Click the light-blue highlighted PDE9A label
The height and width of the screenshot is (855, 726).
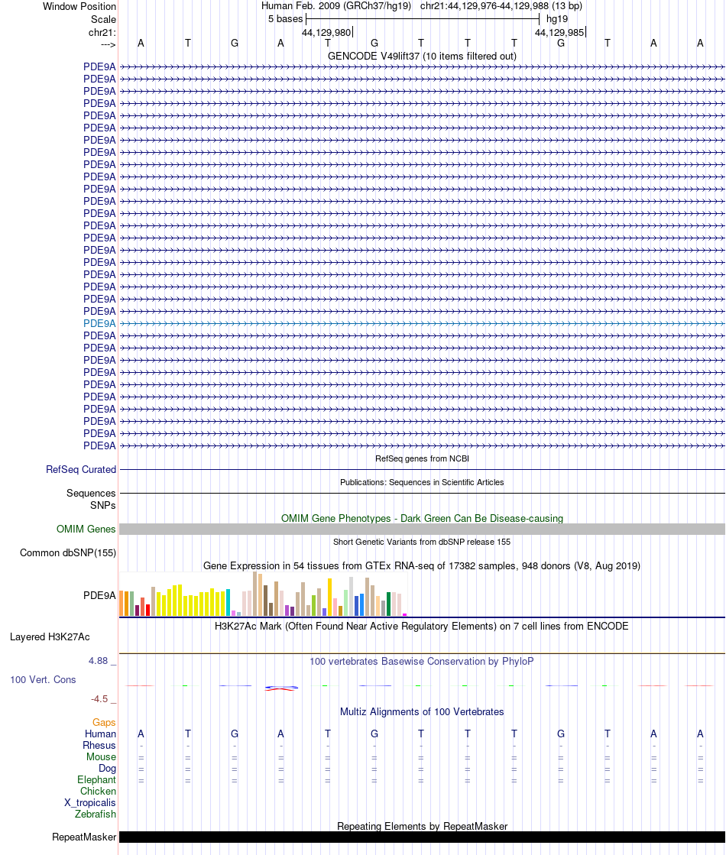click(99, 323)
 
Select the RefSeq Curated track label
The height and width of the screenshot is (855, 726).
click(81, 470)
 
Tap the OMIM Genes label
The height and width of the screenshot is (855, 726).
click(86, 529)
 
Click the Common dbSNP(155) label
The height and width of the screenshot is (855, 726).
click(68, 553)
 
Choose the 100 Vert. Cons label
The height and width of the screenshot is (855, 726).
click(43, 679)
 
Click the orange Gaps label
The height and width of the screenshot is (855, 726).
click(104, 722)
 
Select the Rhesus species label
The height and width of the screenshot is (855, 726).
click(99, 745)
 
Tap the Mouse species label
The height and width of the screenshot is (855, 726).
click(101, 756)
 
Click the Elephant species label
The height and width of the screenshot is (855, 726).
click(96, 779)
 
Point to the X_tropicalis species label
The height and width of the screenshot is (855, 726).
click(90, 802)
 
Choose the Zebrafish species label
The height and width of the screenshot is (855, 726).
click(96, 814)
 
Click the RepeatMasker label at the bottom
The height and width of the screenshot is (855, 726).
click(84, 837)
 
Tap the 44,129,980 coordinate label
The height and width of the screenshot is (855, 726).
click(326, 32)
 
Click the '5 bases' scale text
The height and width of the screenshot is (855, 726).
click(285, 18)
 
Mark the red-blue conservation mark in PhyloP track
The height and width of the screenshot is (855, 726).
click(280, 688)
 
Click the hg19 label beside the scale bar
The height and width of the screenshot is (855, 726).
click(556, 18)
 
